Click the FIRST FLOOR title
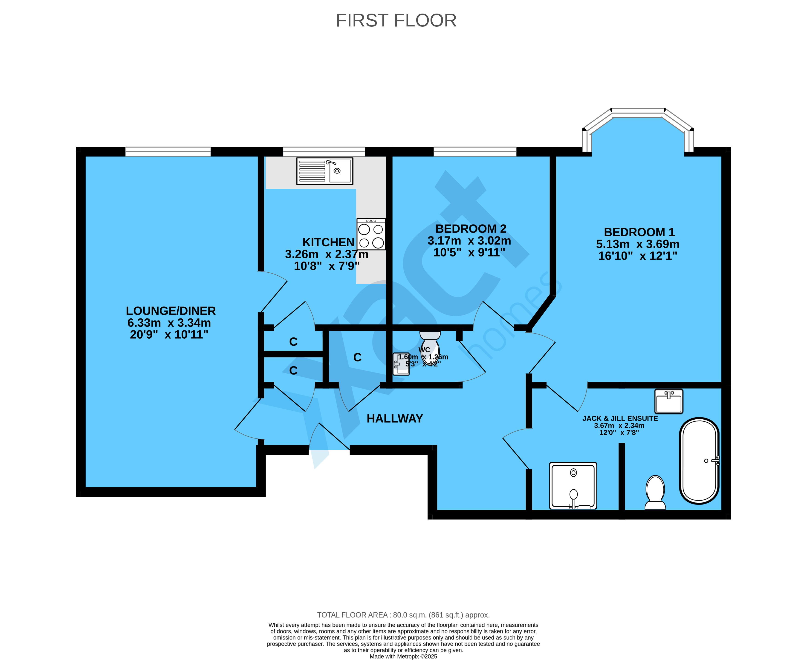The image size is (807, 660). point(396,20)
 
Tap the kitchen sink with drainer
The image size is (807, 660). point(324,171)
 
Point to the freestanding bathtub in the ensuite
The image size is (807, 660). point(699,461)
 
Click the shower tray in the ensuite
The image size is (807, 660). point(573,485)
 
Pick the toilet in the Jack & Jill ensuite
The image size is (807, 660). point(655,492)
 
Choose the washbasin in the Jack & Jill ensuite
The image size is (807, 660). point(668,401)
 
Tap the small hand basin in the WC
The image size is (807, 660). point(401,364)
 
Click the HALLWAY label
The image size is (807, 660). point(394,419)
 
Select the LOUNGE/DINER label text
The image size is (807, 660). point(171,311)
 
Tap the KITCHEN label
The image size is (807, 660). point(328,242)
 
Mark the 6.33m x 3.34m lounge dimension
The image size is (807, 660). point(169,323)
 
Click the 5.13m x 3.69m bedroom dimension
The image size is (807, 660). point(637,244)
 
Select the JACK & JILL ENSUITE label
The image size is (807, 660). point(620,418)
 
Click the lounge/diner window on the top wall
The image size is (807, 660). point(168,152)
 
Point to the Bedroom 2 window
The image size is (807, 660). point(475,152)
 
